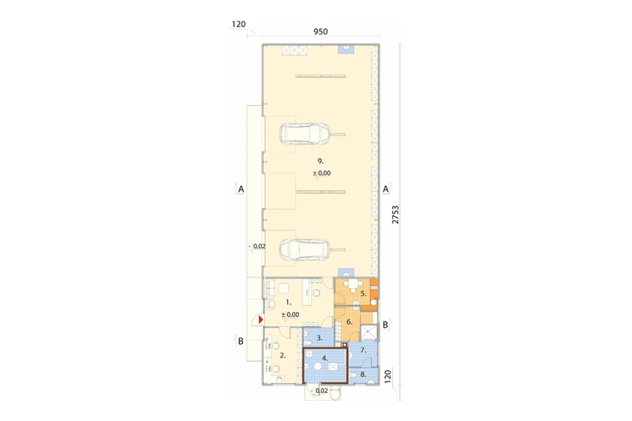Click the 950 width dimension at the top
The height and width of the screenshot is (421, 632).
pos(320,32)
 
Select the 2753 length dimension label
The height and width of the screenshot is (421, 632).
pos(395,215)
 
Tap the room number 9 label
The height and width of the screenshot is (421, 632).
pos(320,161)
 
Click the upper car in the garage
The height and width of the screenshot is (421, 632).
pos(305,134)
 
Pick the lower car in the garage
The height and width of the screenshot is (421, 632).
pos(305,250)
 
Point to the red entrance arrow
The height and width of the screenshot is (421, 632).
pos(261,320)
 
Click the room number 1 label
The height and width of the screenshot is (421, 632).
pos(288,302)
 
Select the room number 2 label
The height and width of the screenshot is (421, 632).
pos(283,356)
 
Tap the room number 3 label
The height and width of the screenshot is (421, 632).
pos(320,338)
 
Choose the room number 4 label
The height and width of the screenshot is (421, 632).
pos(325,358)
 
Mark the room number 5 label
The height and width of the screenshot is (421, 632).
pos(363,293)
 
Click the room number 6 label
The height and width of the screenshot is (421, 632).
pos(349,322)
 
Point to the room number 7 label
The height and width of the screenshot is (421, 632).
pos(363,350)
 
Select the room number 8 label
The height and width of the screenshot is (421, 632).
pos(363,374)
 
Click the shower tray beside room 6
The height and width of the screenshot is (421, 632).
pos(368,333)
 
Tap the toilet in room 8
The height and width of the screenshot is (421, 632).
pos(353,375)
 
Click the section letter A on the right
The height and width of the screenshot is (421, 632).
pos(386,189)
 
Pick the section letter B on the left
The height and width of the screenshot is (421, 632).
pos(241,341)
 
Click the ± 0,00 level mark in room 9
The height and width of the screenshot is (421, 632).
pos(322,173)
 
